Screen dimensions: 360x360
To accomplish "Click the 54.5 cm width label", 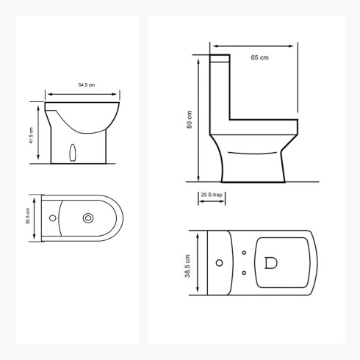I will point(88,85).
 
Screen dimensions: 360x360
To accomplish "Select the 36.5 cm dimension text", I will point(28,218).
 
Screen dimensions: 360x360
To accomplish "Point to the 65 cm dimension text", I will point(259,57).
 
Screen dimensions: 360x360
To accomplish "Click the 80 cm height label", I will point(190,120).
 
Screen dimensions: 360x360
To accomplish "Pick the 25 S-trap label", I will point(212,195).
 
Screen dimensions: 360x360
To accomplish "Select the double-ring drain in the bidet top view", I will point(89,217).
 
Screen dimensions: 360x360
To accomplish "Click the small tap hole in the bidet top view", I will point(53,218).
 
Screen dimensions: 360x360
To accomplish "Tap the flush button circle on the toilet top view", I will point(218,263).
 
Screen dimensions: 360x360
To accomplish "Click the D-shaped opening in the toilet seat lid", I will point(270,263).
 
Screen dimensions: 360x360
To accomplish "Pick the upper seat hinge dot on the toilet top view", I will point(244,253).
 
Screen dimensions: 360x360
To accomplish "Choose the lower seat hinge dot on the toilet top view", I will point(244,273).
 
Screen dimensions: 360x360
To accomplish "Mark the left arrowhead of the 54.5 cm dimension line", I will point(48,94).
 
